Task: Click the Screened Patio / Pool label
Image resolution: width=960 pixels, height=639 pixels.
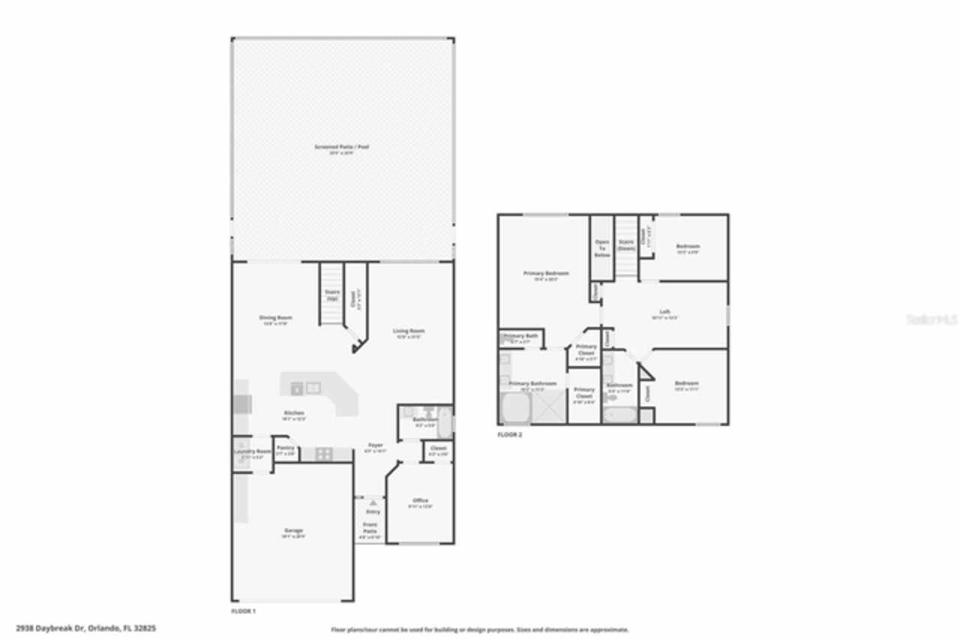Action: click(x=341, y=147)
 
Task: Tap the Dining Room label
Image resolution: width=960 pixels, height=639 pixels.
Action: click(x=275, y=318)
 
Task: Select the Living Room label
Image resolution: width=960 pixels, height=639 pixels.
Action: click(x=409, y=331)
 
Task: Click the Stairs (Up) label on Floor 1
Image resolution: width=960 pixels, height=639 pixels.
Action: click(x=331, y=295)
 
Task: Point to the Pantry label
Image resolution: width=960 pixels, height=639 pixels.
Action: click(x=285, y=448)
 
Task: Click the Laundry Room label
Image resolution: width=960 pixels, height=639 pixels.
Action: click(x=252, y=451)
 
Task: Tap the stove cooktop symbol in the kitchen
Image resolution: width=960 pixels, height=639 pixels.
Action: click(x=324, y=454)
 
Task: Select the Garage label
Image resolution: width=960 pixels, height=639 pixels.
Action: click(x=292, y=531)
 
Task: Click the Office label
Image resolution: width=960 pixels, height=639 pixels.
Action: click(x=420, y=501)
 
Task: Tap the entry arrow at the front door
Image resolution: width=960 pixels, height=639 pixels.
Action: click(x=373, y=502)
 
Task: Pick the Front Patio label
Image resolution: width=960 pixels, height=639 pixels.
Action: click(x=370, y=527)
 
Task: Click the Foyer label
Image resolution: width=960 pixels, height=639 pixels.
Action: click(x=374, y=445)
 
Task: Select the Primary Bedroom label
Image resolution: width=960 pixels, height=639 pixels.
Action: click(x=545, y=274)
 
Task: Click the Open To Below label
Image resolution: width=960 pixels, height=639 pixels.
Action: click(x=601, y=248)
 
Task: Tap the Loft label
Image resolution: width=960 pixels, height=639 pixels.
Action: click(x=664, y=312)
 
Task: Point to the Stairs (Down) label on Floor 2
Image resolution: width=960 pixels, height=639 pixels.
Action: click(x=626, y=244)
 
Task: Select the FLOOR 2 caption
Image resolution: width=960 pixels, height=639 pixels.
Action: click(x=510, y=434)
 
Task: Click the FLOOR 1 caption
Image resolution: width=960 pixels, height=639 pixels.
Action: click(x=244, y=611)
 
